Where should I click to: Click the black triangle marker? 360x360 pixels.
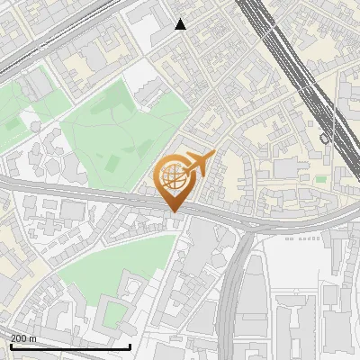181,24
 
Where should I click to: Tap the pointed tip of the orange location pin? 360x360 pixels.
174,211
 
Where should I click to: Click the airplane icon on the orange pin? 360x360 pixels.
200,162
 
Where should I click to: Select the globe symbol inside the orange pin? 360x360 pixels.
173,177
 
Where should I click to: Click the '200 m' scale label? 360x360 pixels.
24,338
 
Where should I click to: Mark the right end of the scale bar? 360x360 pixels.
130,346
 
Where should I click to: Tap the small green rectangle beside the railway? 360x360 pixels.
321,179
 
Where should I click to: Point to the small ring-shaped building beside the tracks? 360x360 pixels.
325,139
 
